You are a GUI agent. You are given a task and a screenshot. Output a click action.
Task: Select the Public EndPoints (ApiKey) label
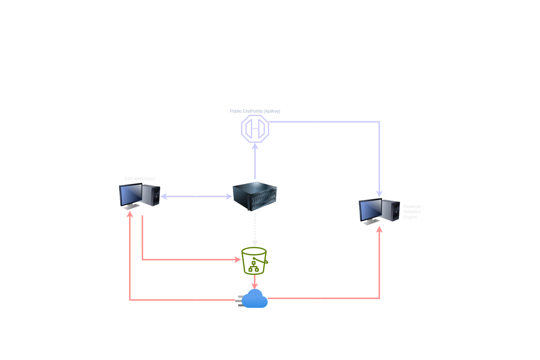(255, 111)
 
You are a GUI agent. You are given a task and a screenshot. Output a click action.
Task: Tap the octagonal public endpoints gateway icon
(255, 129)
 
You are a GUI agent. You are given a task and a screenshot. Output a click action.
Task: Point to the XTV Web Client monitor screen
(130, 194)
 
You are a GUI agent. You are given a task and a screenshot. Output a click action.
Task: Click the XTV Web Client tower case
(151, 195)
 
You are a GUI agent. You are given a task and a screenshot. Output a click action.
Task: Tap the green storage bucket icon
(255, 261)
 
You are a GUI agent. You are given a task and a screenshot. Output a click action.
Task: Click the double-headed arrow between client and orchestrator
(196, 196)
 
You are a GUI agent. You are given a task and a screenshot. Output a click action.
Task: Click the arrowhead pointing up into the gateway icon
(255, 146)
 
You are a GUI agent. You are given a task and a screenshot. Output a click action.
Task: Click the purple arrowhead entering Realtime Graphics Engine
(379, 194)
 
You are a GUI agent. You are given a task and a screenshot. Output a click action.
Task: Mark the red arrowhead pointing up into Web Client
(130, 214)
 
